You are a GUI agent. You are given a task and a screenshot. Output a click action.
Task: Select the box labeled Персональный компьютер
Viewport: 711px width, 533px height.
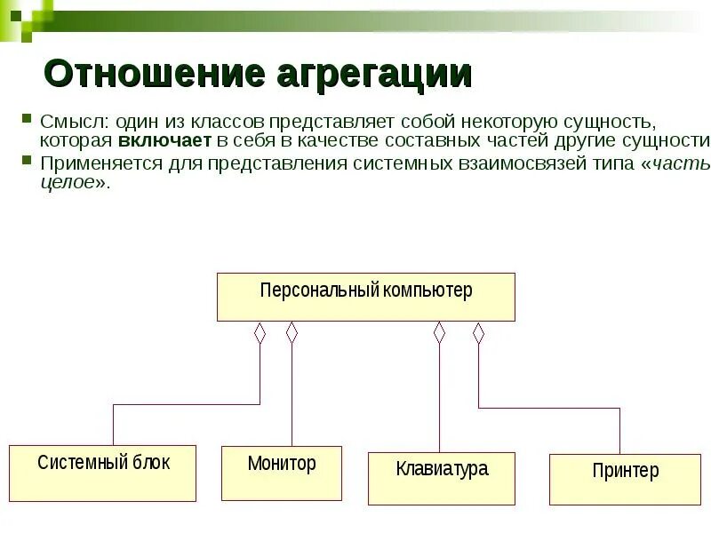[365, 297]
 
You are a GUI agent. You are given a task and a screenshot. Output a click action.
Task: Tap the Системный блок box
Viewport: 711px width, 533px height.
[102, 473]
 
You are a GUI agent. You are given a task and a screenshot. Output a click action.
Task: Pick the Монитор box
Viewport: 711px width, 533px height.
[281, 473]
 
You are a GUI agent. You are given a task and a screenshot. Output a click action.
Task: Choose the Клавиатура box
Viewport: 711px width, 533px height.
[442, 478]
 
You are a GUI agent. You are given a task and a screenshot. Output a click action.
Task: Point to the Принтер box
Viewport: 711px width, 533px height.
[626, 480]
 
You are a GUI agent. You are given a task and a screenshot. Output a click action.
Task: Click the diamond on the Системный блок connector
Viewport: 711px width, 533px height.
[260, 333]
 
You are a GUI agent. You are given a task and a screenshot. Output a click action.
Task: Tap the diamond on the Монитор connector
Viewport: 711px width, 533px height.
[292, 333]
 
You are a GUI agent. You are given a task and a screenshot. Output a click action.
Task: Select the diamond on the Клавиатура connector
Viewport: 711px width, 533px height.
[438, 333]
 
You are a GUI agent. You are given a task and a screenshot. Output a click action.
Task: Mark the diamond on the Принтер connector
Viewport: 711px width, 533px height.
[478, 333]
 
